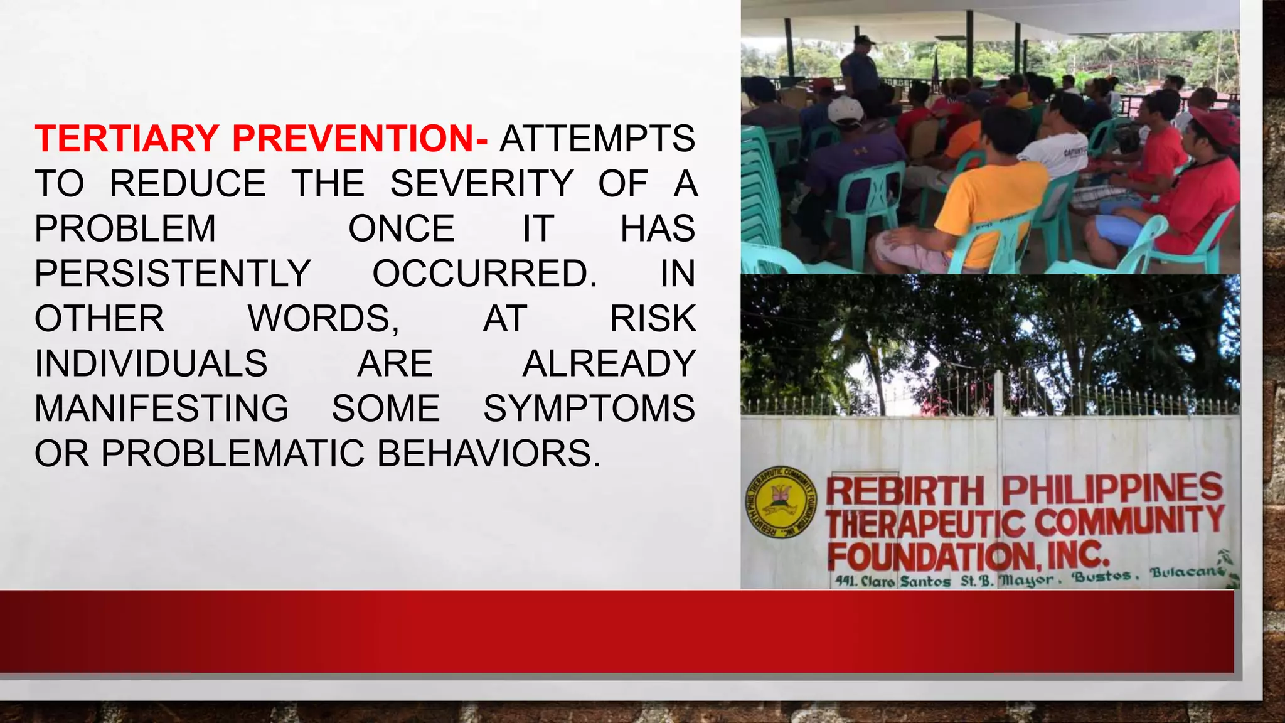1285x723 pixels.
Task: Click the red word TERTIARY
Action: (x=127, y=139)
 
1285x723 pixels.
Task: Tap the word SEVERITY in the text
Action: (x=482, y=184)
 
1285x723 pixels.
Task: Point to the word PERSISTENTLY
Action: (x=173, y=274)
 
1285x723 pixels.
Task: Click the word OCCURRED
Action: (x=484, y=274)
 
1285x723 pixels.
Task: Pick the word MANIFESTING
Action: (x=161, y=409)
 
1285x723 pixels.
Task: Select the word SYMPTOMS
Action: (x=589, y=409)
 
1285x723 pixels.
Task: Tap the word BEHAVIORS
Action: (x=489, y=454)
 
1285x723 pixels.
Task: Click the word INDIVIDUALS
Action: (x=151, y=364)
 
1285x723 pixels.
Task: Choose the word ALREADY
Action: (x=609, y=364)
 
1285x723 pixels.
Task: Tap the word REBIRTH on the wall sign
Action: (x=905, y=491)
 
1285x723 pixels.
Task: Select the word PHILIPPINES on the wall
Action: (x=1112, y=488)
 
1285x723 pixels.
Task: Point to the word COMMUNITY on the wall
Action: (x=1129, y=521)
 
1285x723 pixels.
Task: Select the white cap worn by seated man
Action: (x=845, y=109)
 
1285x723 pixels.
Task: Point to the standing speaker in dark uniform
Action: (x=861, y=69)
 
